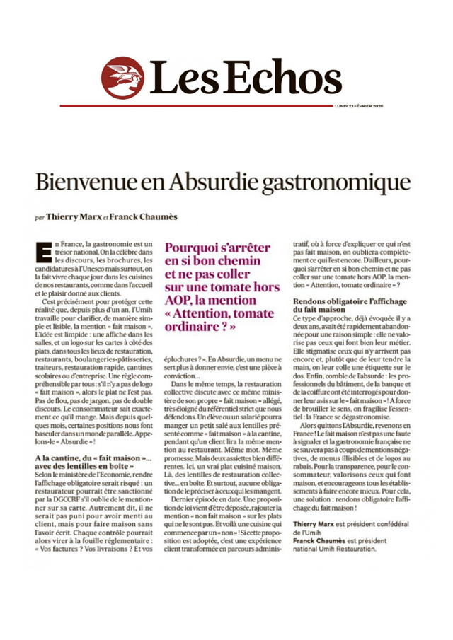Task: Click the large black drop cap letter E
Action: tap(43, 250)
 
